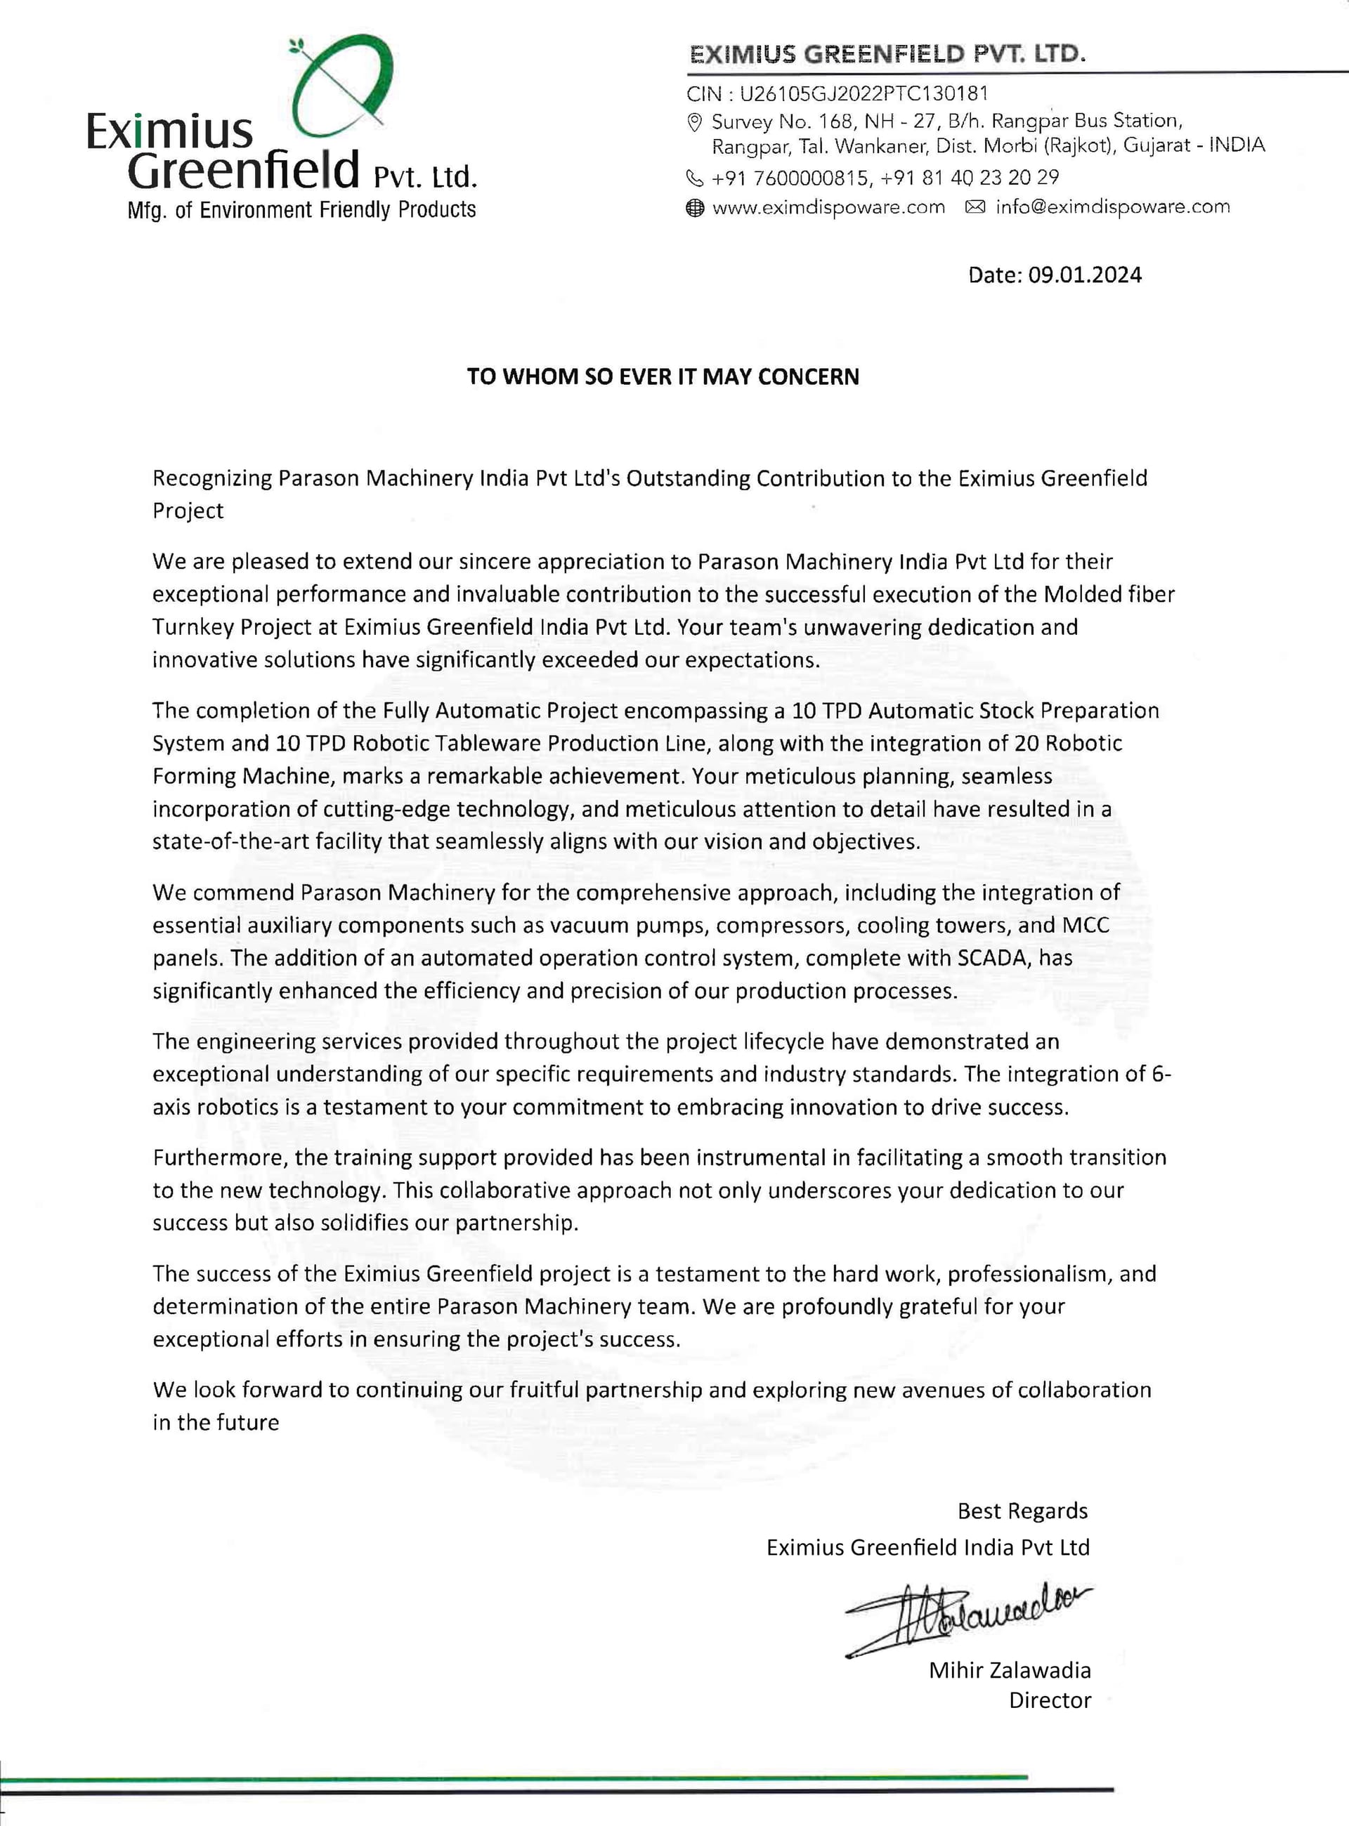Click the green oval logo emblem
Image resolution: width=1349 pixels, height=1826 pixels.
343,86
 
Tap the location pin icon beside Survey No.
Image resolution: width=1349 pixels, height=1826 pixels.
695,122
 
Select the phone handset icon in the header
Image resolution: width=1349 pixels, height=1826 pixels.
695,177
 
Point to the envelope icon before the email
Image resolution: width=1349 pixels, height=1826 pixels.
975,207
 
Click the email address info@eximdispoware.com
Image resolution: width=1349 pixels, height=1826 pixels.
1112,206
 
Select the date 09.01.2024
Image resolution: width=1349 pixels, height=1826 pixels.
1083,275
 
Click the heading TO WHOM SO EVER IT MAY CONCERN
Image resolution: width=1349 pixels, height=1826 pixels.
663,377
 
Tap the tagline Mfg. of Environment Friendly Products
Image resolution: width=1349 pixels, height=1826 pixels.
301,211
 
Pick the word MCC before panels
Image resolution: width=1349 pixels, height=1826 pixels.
1086,926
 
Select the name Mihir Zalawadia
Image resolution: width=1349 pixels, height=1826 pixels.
1010,1671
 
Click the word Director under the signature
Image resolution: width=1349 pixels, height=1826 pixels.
1050,1701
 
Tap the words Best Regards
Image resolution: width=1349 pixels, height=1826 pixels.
1022,1512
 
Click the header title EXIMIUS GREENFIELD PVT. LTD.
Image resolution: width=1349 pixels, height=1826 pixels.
887,55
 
